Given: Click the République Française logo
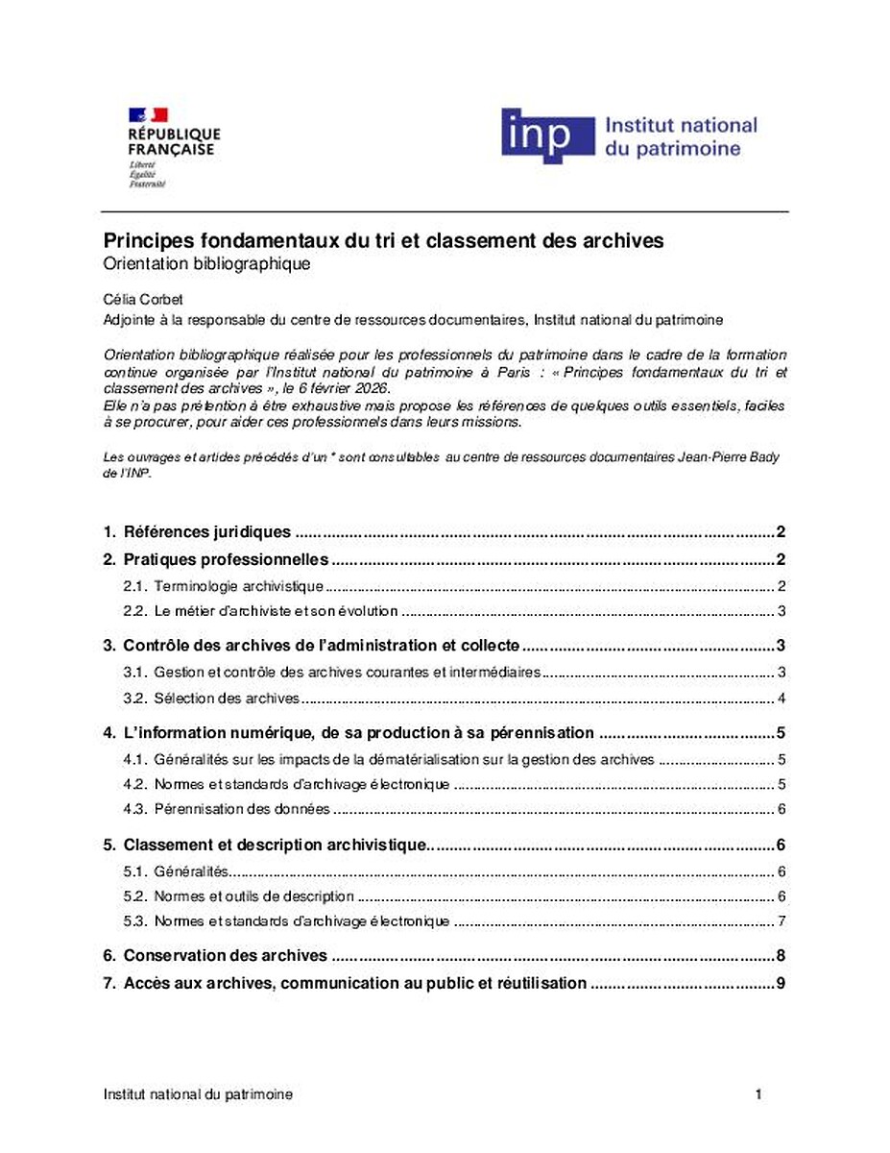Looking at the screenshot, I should [173, 147].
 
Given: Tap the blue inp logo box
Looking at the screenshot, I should [547, 135].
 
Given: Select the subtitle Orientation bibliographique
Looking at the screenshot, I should [206, 263].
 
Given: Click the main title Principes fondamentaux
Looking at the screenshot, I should [383, 240].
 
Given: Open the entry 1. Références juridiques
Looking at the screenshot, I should [206, 531].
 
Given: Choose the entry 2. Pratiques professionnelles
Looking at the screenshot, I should [227, 559].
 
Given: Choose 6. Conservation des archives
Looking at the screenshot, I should [226, 956].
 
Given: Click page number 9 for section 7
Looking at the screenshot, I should [782, 983].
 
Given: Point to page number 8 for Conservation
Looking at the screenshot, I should [782, 956].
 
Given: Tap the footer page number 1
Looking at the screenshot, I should [758, 1094].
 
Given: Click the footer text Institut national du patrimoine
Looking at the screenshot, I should [198, 1094].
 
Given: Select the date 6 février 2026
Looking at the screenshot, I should [338, 387].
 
